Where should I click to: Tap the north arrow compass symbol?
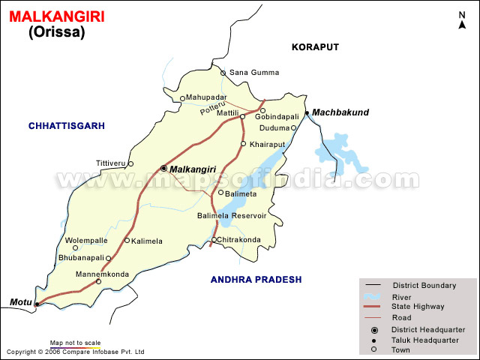461,20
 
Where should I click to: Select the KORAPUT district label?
315,47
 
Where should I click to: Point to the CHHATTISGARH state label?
67,125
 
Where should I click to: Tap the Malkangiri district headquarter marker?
163,169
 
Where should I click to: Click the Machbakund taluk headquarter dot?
307,113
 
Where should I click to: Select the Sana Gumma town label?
253,73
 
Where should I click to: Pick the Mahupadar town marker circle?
182,98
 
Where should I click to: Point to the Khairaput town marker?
243,143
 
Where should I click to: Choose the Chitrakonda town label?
240,240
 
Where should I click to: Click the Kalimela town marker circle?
127,241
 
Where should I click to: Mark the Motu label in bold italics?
20,302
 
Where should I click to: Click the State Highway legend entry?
417,306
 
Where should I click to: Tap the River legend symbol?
373,295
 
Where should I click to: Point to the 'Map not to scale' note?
75,343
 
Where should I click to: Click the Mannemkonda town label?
103,274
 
